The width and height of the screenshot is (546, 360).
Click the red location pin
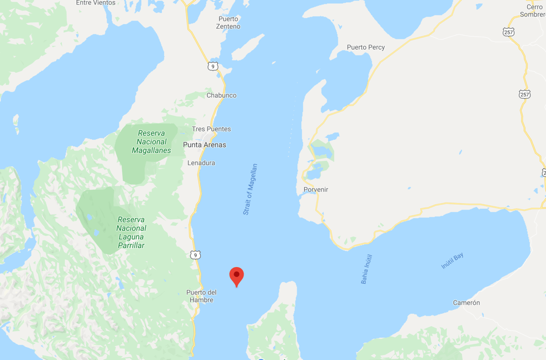pyautogui.click(x=237, y=275)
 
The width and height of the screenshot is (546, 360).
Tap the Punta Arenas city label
pyautogui.click(x=205, y=145)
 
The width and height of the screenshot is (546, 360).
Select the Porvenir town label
pyautogui.click(x=316, y=190)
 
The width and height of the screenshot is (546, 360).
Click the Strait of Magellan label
pyautogui.click(x=250, y=189)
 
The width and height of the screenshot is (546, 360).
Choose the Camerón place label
pyautogui.click(x=466, y=303)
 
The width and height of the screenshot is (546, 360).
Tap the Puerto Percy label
pyautogui.click(x=365, y=47)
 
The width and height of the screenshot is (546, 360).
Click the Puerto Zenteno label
pyautogui.click(x=229, y=23)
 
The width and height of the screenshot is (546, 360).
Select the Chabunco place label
pyautogui.click(x=221, y=96)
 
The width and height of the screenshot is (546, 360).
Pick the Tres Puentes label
pyautogui.click(x=211, y=129)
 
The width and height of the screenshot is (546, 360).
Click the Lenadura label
pyautogui.click(x=201, y=163)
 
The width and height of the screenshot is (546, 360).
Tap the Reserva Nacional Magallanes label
pyautogui.click(x=151, y=142)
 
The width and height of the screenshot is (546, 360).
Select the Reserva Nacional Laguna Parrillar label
pyautogui.click(x=131, y=233)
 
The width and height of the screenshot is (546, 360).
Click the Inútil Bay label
pyautogui.click(x=452, y=261)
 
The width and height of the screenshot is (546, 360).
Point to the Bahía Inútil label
pyautogui.click(x=366, y=269)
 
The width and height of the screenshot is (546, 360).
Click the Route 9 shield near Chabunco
pyautogui.click(x=212, y=66)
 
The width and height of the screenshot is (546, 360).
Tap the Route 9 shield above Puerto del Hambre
pyautogui.click(x=194, y=255)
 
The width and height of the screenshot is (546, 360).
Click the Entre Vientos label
pyautogui.click(x=96, y=3)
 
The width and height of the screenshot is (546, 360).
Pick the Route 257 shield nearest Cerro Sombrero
pyautogui.click(x=509, y=32)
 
